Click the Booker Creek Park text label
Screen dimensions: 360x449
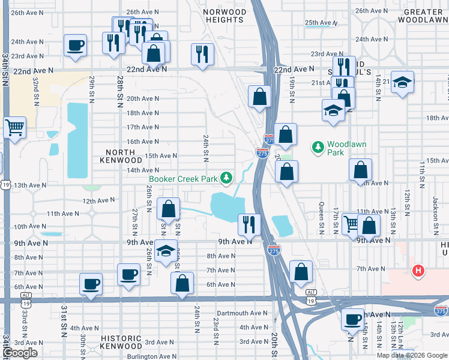[x=184, y=179]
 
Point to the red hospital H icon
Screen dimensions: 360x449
[x=418, y=271]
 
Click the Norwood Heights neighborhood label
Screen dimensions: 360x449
[x=224, y=16]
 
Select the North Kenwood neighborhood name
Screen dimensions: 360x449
[x=124, y=156]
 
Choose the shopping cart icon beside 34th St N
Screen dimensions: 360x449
[x=15, y=127]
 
